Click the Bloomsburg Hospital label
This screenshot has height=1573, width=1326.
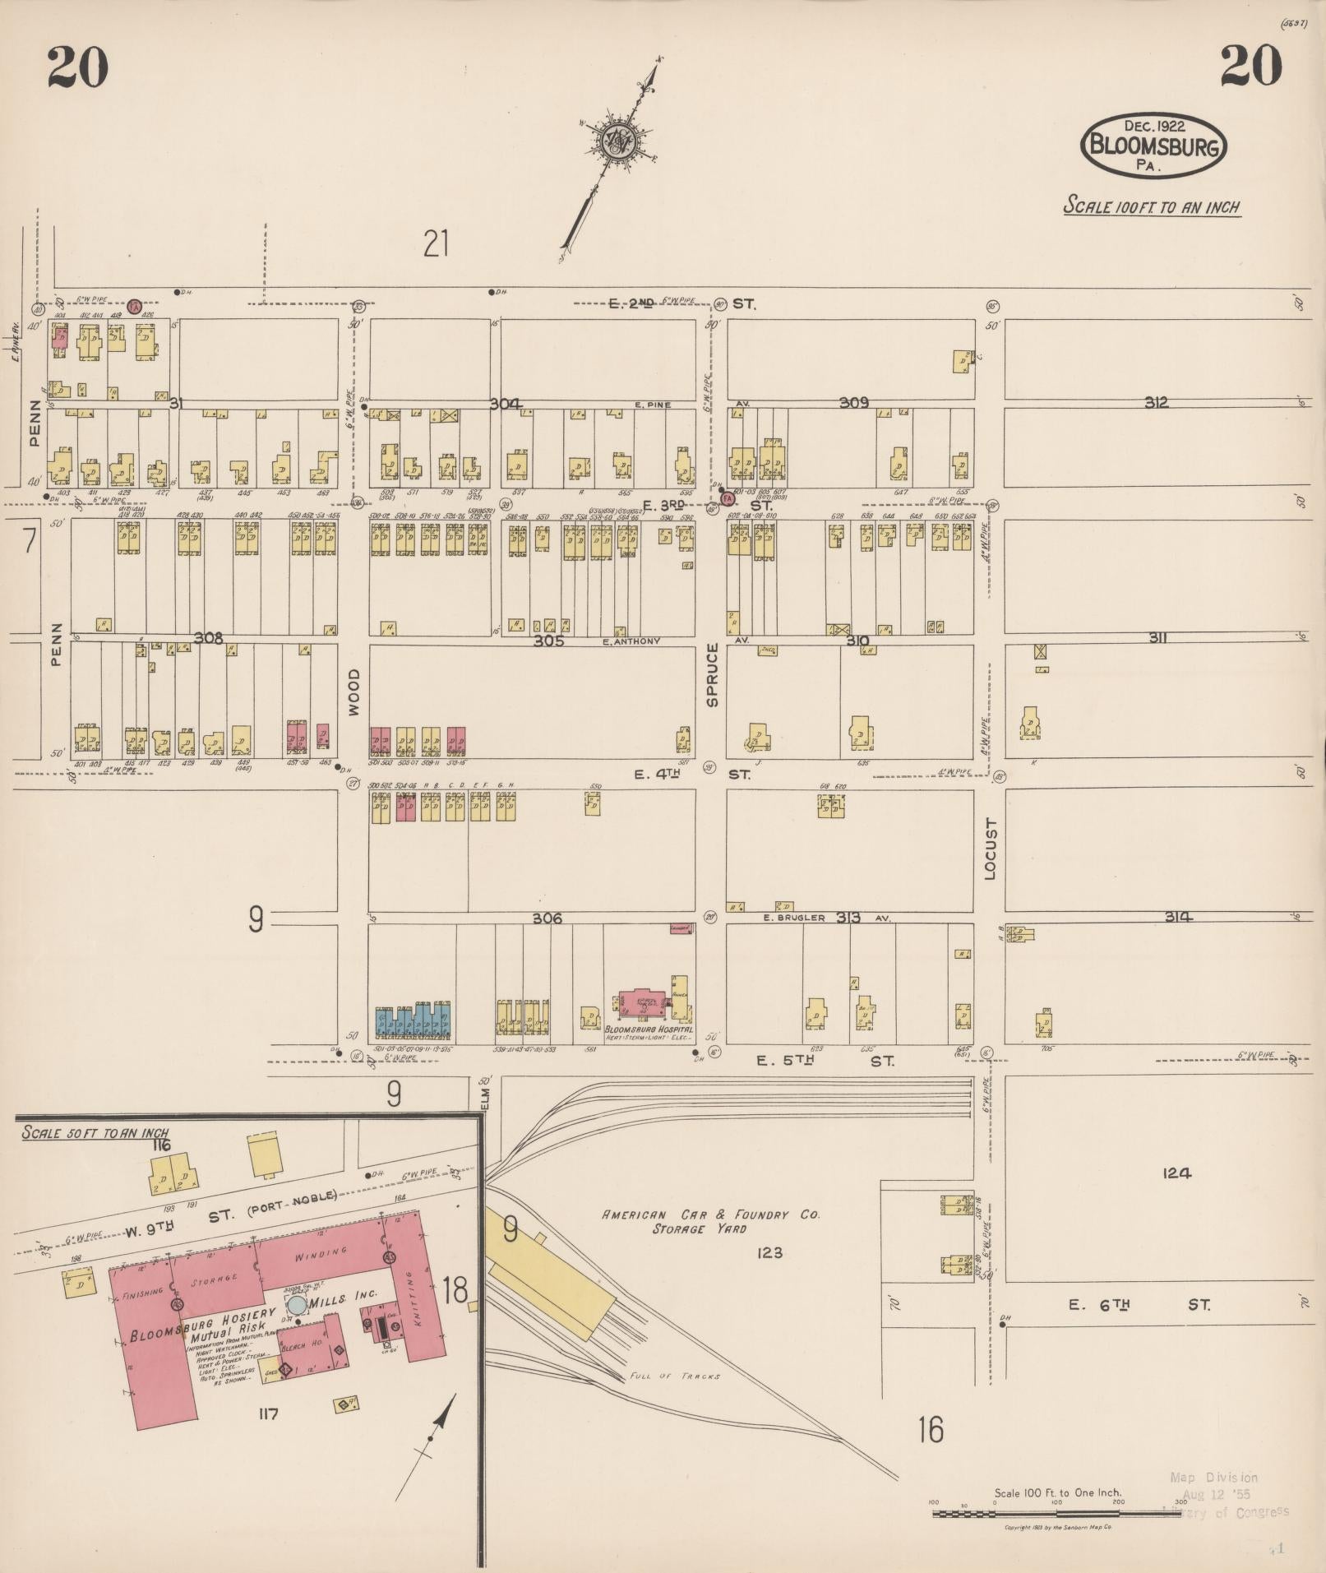click(649, 1029)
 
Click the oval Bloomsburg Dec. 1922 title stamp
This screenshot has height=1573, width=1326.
click(1153, 146)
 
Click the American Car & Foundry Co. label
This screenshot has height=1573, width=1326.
click(710, 1214)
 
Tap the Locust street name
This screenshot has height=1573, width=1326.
click(989, 849)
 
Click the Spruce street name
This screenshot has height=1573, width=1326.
click(712, 674)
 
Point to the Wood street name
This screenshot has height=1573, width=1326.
click(353, 692)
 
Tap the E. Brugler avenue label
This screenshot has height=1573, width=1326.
click(793, 918)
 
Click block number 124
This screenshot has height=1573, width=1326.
click(1176, 1173)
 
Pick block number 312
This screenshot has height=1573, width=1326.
click(1155, 402)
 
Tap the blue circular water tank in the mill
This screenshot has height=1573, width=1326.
click(297, 1305)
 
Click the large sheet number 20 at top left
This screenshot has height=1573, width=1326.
click(77, 67)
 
